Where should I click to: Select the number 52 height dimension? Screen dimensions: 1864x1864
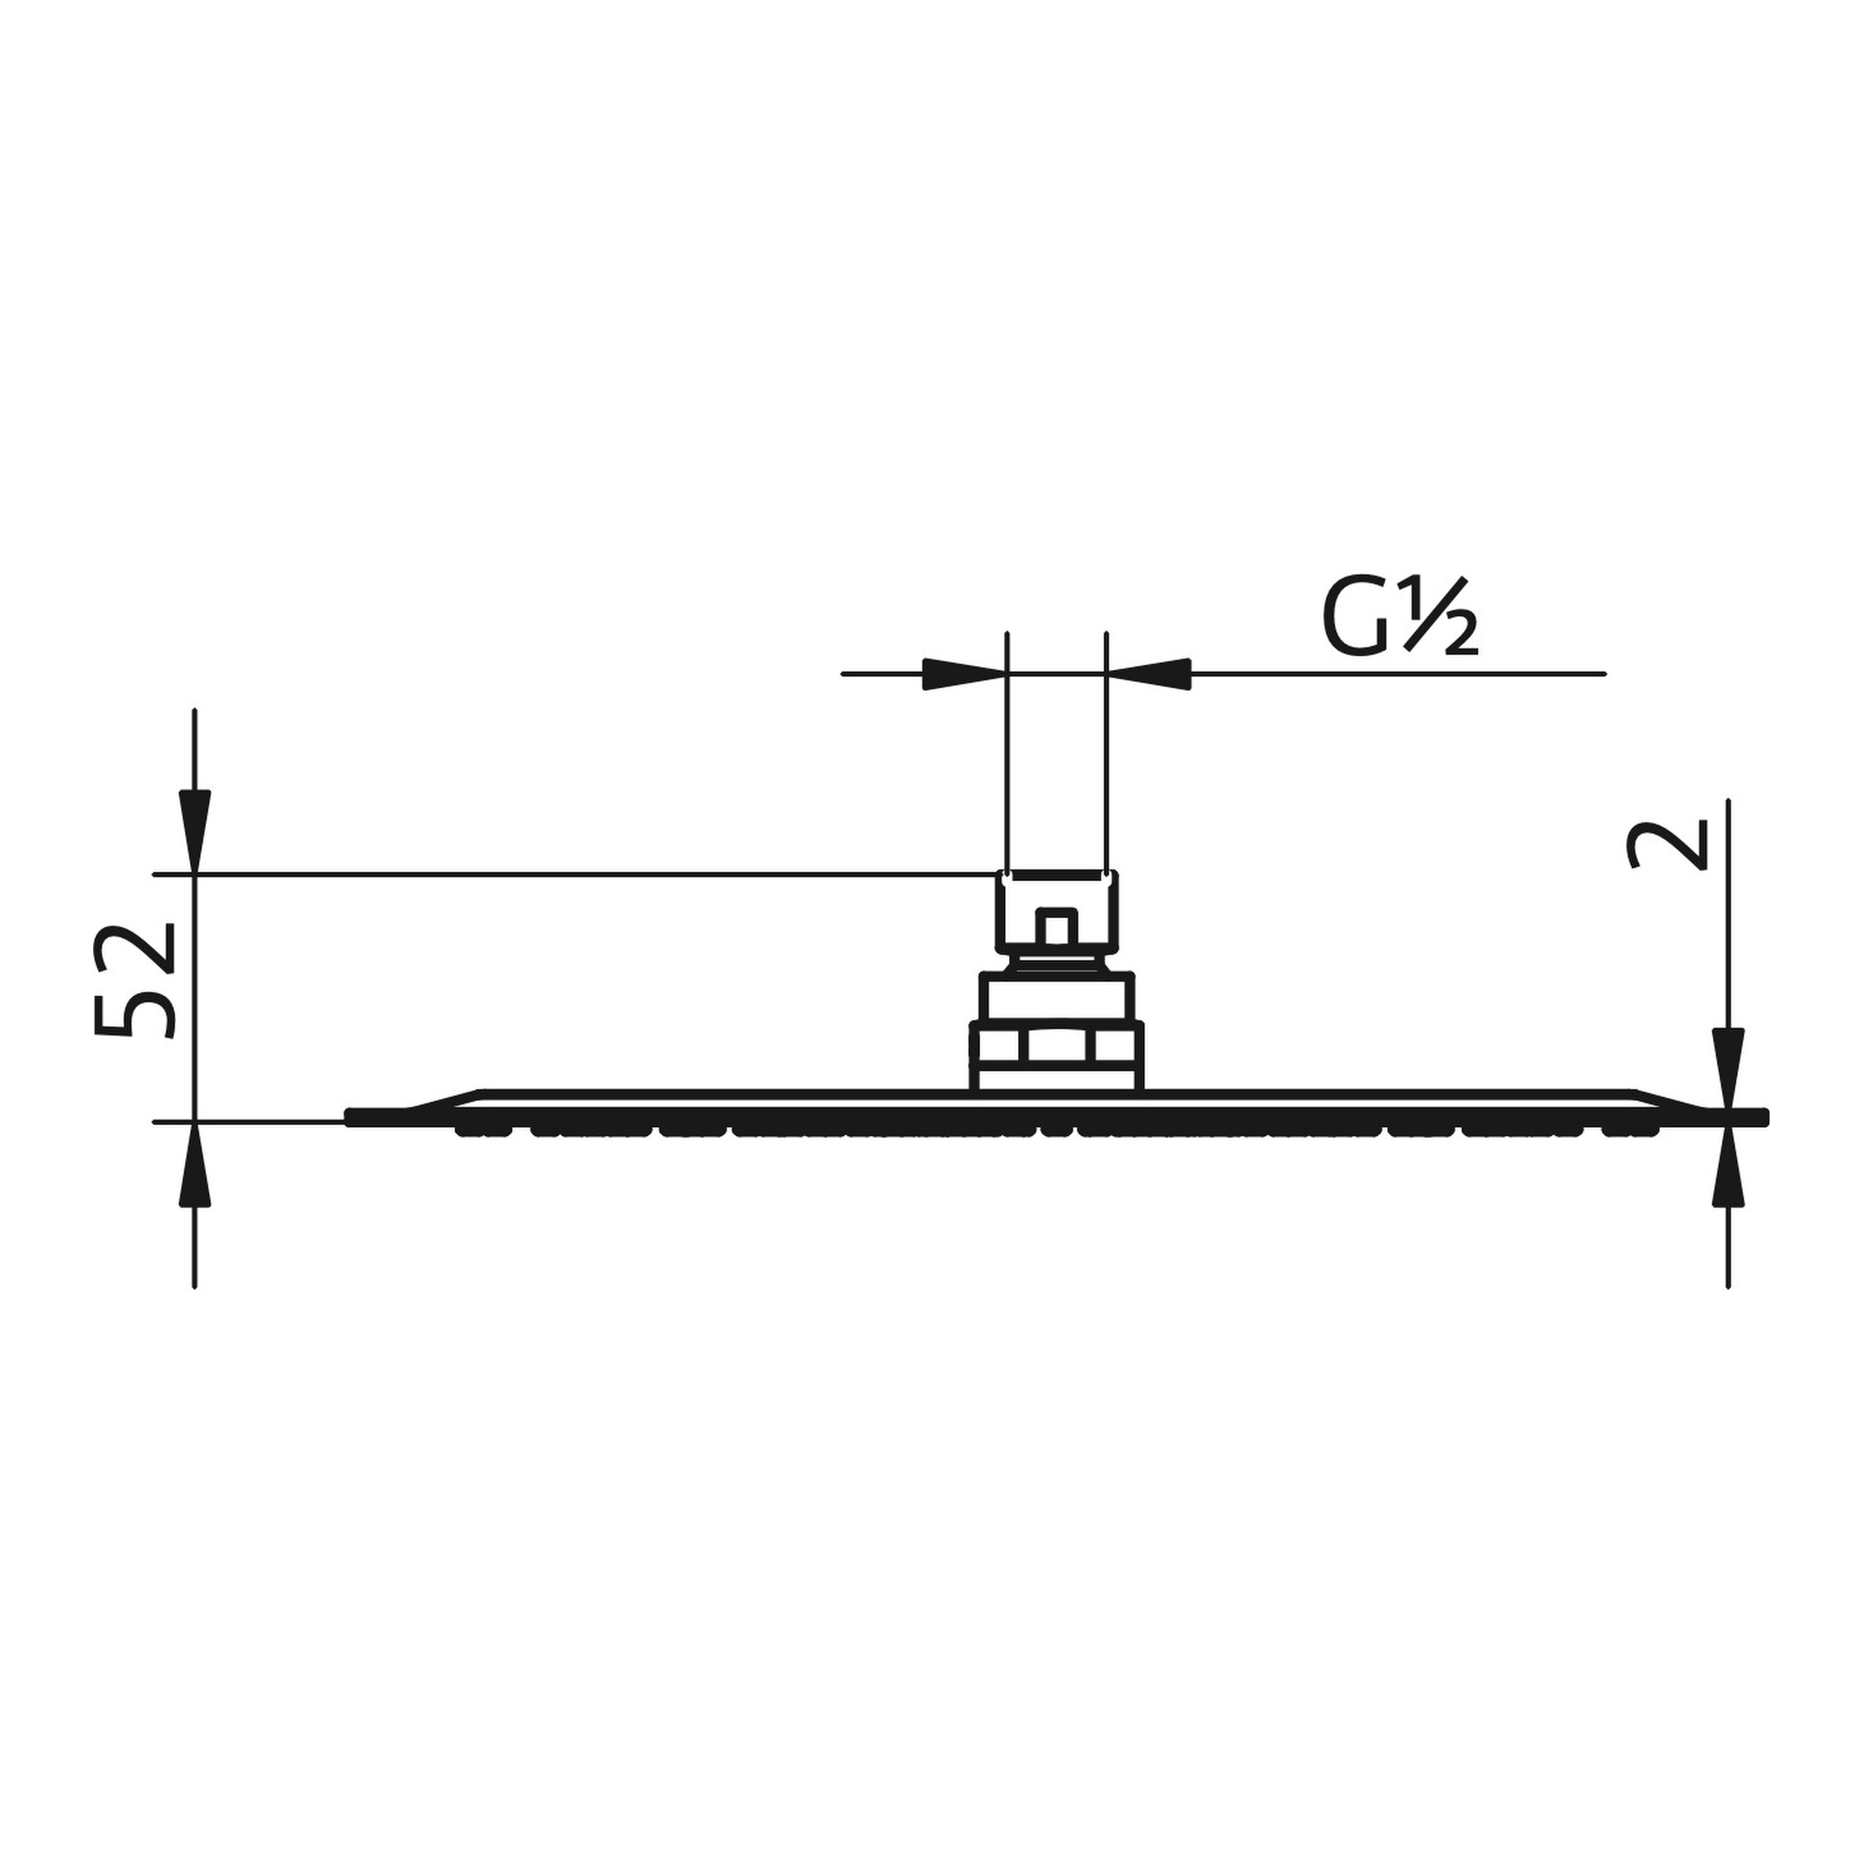point(135,982)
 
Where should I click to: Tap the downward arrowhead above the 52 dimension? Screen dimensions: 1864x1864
point(195,830)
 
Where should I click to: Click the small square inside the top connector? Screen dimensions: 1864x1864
point(1056,927)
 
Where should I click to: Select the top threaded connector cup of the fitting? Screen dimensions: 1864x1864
point(1057,907)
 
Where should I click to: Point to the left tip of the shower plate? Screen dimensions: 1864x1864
point(351,1117)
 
